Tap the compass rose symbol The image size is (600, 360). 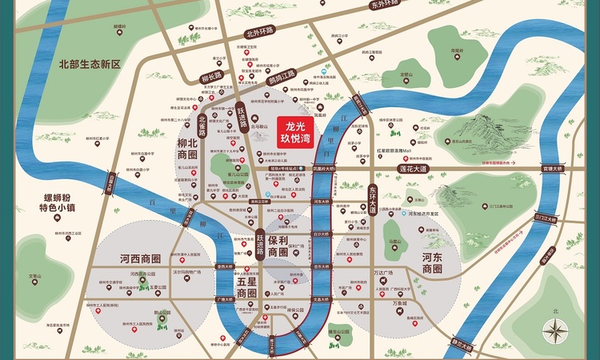coord(554,328)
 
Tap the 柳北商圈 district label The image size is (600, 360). coord(187,147)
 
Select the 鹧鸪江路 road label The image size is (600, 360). coord(282,78)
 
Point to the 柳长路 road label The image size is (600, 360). coord(210,78)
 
